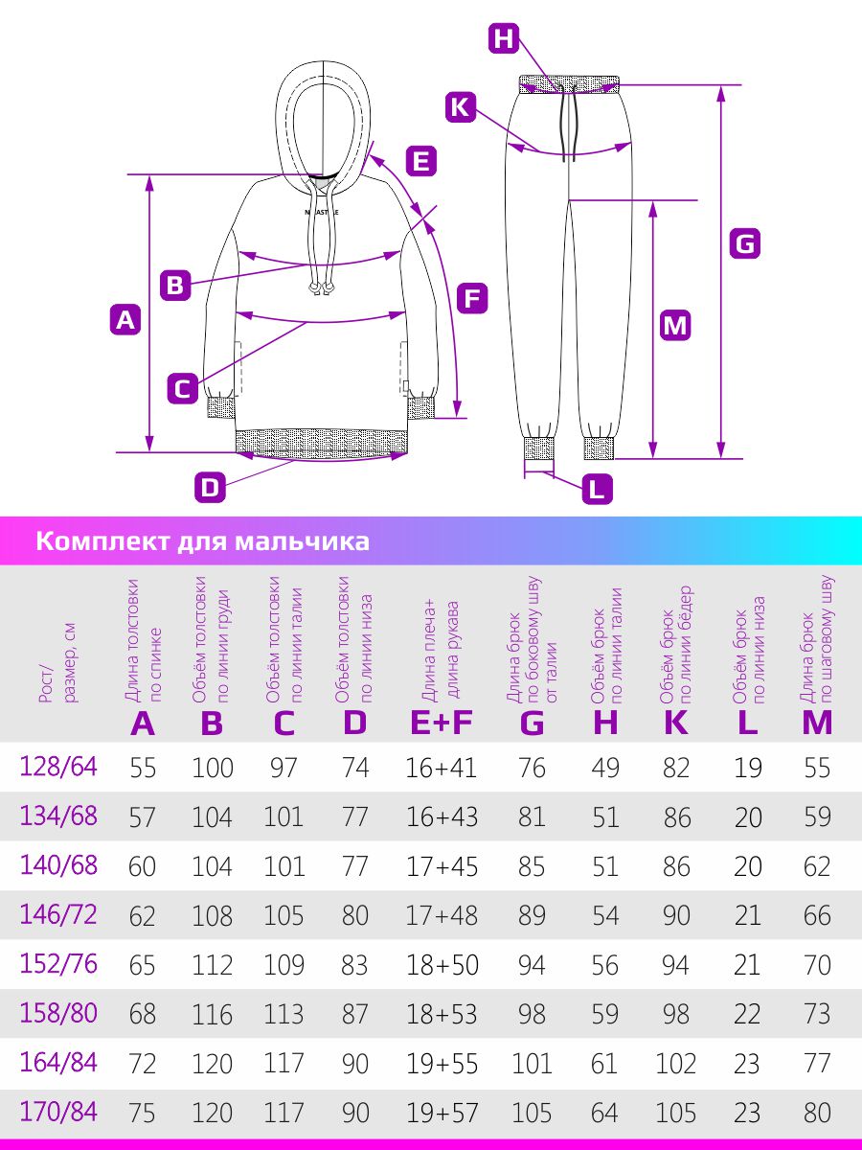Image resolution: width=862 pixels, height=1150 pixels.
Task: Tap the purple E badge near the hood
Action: pyautogui.click(x=421, y=160)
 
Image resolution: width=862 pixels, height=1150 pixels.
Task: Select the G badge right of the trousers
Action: pyautogui.click(x=745, y=243)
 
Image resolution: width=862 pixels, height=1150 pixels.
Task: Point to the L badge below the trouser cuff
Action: pyautogui.click(x=597, y=490)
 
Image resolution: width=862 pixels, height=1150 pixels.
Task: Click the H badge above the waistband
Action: pyautogui.click(x=504, y=38)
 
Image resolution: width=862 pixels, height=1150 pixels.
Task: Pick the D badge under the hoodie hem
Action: pyautogui.click(x=210, y=487)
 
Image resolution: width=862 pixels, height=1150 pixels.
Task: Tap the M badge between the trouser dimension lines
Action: pyautogui.click(x=675, y=325)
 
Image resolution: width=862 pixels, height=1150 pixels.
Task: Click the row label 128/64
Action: pyautogui.click(x=58, y=767)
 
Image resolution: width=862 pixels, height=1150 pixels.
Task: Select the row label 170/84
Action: pyautogui.click(x=58, y=1112)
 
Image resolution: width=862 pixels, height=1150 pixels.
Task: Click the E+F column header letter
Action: pyautogui.click(x=442, y=723)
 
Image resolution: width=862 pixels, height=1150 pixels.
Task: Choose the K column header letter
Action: pyautogui.click(x=675, y=723)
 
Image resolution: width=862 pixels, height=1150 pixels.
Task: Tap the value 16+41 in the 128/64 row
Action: pyautogui.click(x=442, y=768)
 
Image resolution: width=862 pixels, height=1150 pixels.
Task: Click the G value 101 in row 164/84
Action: pyautogui.click(x=532, y=1064)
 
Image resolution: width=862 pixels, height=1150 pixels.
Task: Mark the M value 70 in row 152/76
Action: pyautogui.click(x=817, y=965)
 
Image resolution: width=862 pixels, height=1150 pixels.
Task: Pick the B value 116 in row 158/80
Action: pyautogui.click(x=212, y=1014)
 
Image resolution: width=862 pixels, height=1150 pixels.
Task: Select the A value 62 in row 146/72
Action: pyautogui.click(x=143, y=916)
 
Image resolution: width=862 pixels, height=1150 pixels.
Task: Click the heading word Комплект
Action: pyautogui.click(x=103, y=541)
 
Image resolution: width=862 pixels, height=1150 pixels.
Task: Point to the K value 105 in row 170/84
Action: pyautogui.click(x=675, y=1113)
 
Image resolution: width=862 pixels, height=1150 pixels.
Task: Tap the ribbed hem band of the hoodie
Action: pyautogui.click(x=322, y=441)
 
